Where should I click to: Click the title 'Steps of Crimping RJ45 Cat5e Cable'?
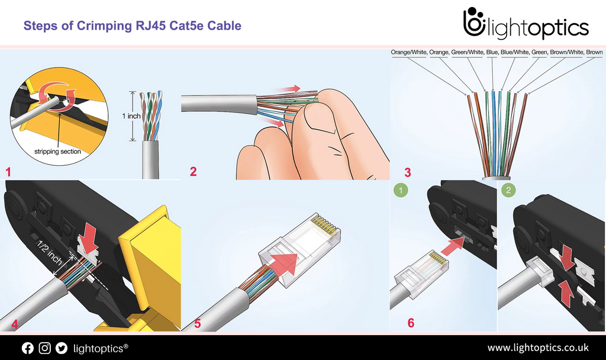[132, 26]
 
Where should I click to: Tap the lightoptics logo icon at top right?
[473, 24]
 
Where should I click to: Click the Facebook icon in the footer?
[28, 348]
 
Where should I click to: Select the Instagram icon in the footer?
[44, 348]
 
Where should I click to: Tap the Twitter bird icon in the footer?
[61, 348]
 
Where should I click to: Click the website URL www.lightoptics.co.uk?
[537, 348]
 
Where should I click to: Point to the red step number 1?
[8, 172]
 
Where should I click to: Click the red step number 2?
[193, 172]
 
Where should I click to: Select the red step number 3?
[407, 173]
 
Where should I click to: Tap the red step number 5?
[198, 324]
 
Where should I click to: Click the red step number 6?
[411, 323]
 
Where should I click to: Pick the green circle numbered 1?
[401, 191]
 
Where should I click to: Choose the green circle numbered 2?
[508, 191]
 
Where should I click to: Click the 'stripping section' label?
[58, 152]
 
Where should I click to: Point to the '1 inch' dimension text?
[131, 116]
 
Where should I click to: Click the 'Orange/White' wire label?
[408, 53]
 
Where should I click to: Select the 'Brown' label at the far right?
[594, 53]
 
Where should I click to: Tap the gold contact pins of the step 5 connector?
[323, 224]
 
